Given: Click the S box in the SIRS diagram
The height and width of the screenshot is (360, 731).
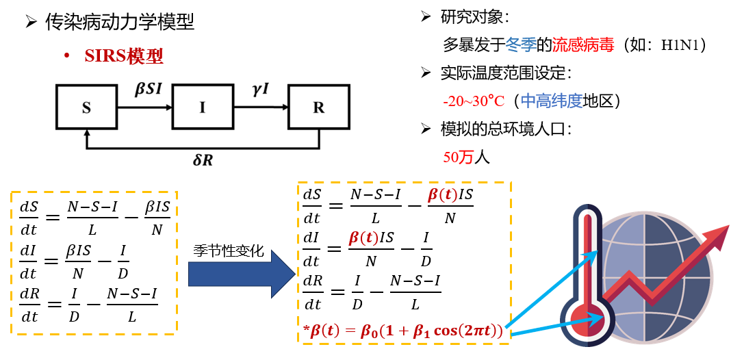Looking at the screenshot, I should (x=86, y=107).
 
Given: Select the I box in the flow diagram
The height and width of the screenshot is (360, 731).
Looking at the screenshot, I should (x=202, y=107).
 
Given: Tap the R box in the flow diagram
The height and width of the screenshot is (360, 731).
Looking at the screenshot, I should (x=318, y=107).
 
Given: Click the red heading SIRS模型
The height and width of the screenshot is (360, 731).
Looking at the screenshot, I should (x=124, y=56).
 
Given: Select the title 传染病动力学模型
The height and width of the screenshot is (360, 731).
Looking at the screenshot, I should (x=120, y=23).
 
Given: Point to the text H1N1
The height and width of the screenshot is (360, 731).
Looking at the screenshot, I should (x=679, y=46).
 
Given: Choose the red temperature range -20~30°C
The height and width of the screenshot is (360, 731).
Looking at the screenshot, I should (x=474, y=101).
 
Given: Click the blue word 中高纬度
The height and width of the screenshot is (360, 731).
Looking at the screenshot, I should (x=552, y=101).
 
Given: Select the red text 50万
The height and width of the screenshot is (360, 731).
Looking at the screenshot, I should (x=459, y=157).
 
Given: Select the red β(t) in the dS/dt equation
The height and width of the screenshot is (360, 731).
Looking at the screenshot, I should (x=442, y=195).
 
